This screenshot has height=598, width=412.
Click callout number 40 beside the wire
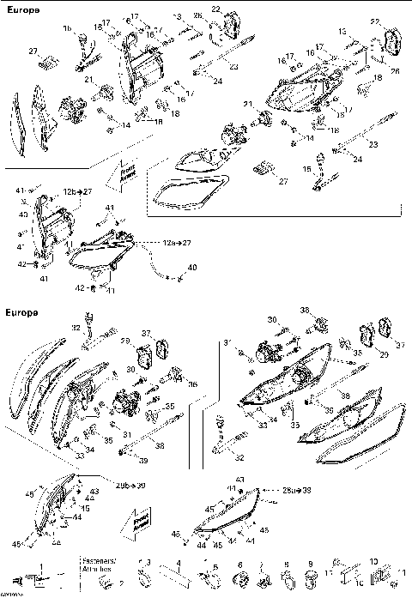click(191, 269)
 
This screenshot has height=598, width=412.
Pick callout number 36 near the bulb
click(193, 384)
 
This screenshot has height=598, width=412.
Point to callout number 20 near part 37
click(385, 353)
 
